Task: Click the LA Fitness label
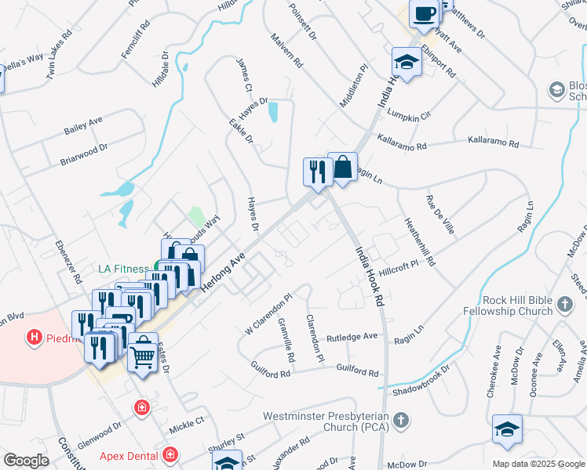pyautogui.click(x=123, y=268)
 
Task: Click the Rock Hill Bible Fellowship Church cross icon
pyautogui.click(x=563, y=304)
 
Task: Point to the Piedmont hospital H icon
pyautogui.click(x=35, y=338)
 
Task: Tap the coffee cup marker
pyautogui.click(x=424, y=14)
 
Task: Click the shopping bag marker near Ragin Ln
pyautogui.click(x=342, y=168)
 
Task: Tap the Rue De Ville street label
pyautogui.click(x=439, y=215)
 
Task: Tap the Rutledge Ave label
pyautogui.click(x=352, y=337)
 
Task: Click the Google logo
pyautogui.click(x=26, y=461)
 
